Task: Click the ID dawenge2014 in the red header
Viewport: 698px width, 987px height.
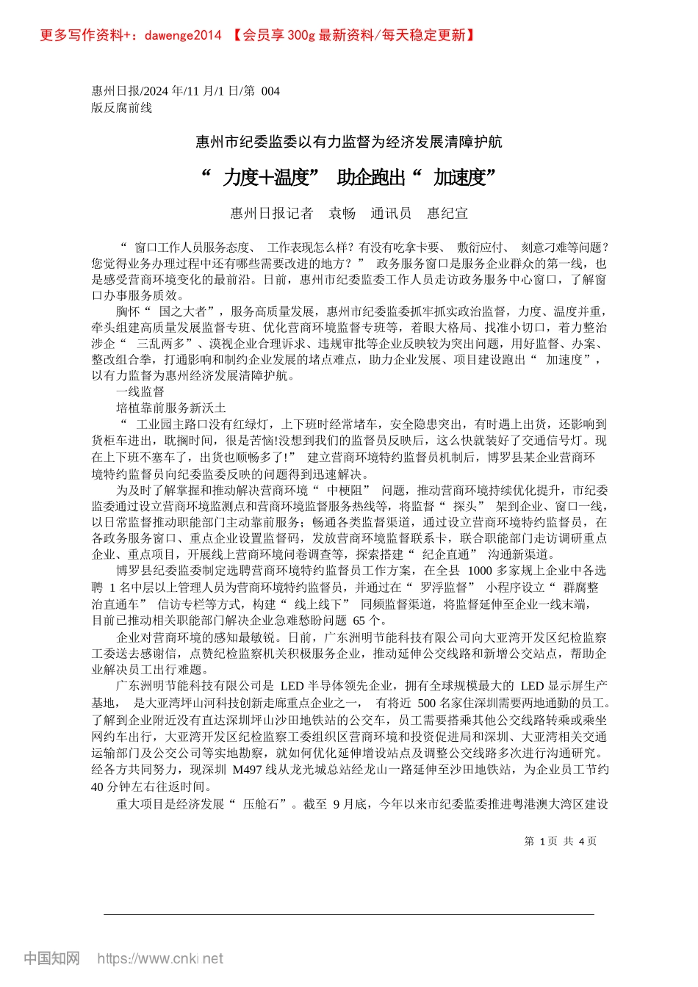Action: (x=184, y=35)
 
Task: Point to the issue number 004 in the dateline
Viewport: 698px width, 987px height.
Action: (x=270, y=91)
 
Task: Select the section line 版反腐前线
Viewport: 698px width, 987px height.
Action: (x=122, y=107)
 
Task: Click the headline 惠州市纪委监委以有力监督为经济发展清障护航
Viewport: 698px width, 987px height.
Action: (x=349, y=142)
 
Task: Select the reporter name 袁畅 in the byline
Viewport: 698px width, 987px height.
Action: (x=342, y=214)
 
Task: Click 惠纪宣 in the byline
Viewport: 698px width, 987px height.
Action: (x=447, y=214)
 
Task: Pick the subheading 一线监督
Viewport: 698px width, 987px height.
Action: (x=140, y=392)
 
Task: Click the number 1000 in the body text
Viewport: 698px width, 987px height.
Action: (x=480, y=571)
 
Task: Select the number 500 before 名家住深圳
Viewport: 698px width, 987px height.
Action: (x=426, y=703)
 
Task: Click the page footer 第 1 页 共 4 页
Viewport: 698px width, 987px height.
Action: (x=560, y=842)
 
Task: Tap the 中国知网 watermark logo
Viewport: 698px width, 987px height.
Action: (x=51, y=958)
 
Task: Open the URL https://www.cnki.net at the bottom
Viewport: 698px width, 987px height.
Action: (x=160, y=958)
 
